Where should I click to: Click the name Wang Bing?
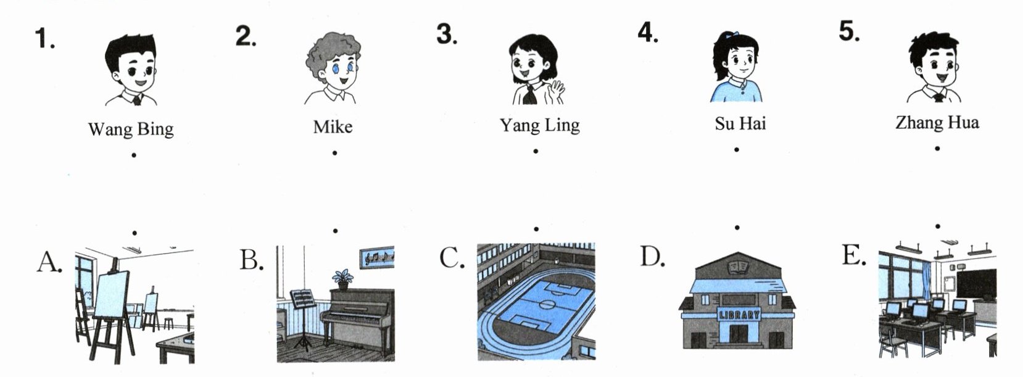(x=131, y=130)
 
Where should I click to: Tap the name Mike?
(x=333, y=126)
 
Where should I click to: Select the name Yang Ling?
(x=539, y=125)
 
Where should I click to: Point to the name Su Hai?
(x=740, y=123)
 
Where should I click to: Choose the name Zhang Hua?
(x=937, y=122)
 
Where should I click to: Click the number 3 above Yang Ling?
(x=447, y=35)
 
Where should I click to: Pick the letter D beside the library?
(x=652, y=256)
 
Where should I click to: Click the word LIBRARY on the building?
(x=739, y=315)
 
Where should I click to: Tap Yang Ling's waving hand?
(x=557, y=91)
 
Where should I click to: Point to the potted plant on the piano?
(x=342, y=280)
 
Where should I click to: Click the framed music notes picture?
(x=377, y=259)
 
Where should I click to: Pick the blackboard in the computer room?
(x=976, y=284)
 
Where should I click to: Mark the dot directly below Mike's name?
(x=335, y=153)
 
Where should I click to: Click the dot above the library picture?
(x=737, y=227)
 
